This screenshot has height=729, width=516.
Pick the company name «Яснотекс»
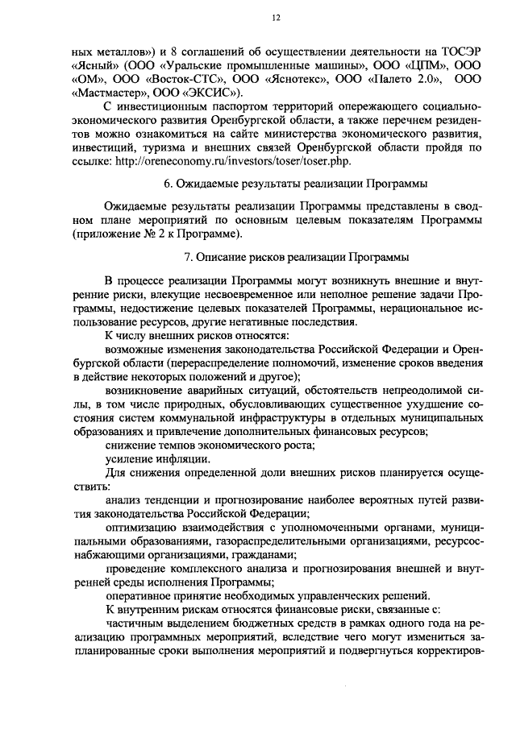[x=286, y=79]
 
